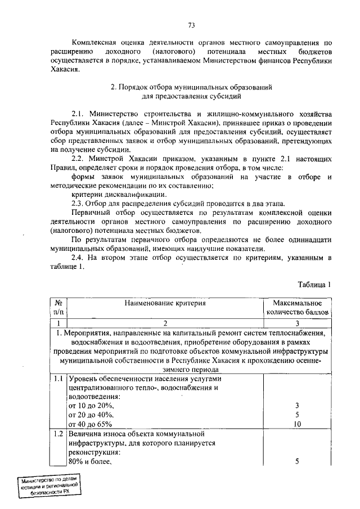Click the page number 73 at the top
(191, 25)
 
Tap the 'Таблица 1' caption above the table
(312, 285)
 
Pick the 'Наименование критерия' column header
(165, 303)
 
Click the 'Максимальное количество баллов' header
(297, 307)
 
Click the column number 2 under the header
(165, 323)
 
